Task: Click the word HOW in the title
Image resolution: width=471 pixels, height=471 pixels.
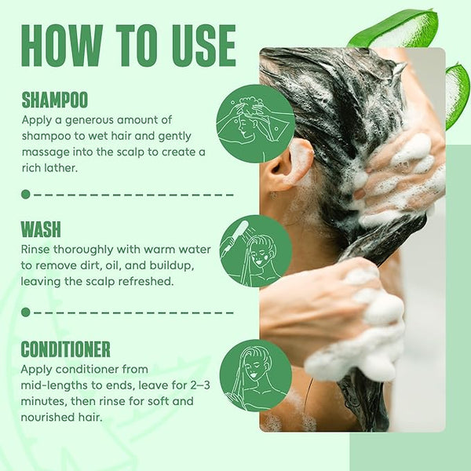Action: click(x=62, y=46)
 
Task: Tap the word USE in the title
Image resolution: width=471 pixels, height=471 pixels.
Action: click(x=203, y=46)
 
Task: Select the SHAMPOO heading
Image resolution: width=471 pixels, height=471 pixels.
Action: click(x=55, y=100)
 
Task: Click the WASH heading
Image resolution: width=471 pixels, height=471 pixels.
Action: click(x=41, y=229)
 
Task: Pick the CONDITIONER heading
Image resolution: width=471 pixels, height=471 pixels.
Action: click(x=65, y=349)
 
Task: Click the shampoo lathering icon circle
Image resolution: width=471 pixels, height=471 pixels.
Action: click(x=255, y=124)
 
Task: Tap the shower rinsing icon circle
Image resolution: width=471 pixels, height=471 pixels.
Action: click(x=256, y=251)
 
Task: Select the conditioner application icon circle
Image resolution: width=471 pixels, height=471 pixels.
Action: click(x=256, y=375)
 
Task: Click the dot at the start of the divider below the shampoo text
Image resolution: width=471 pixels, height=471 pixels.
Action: click(x=26, y=195)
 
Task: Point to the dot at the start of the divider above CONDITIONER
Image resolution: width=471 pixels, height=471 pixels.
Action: click(x=26, y=312)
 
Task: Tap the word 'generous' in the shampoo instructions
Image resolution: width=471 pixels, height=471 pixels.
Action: click(x=89, y=121)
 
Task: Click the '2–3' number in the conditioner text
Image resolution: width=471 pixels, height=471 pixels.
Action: click(x=200, y=385)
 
